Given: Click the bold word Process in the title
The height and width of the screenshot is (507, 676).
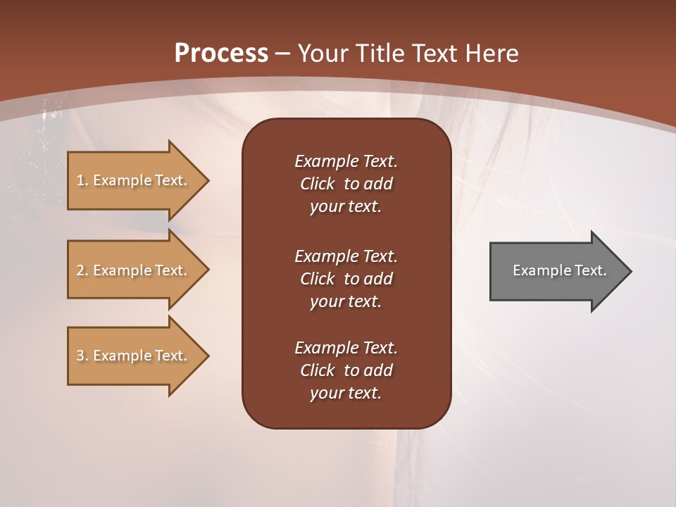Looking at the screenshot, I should [221, 54].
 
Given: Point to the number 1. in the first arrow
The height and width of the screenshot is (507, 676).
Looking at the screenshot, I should [82, 180].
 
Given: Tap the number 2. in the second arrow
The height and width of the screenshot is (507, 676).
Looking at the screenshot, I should [82, 270].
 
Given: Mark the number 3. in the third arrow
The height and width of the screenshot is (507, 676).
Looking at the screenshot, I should [82, 356].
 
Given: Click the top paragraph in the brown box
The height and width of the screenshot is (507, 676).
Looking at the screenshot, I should [346, 184].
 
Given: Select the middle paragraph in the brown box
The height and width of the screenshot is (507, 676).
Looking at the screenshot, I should [346, 279].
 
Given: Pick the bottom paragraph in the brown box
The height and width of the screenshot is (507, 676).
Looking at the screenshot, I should [346, 370].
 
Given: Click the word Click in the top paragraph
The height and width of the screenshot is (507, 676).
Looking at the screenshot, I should [317, 184].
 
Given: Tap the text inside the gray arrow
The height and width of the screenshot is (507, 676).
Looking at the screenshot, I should [559, 270].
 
